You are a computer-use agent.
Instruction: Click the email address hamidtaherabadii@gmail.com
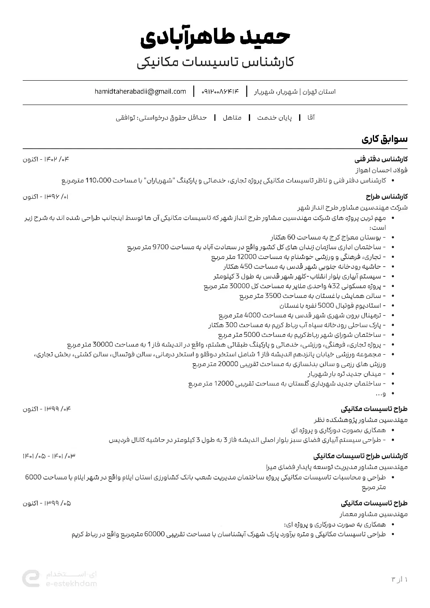(x=140, y=92)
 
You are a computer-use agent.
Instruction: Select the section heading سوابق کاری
(x=385, y=139)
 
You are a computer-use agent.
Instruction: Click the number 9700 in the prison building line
(x=160, y=247)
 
